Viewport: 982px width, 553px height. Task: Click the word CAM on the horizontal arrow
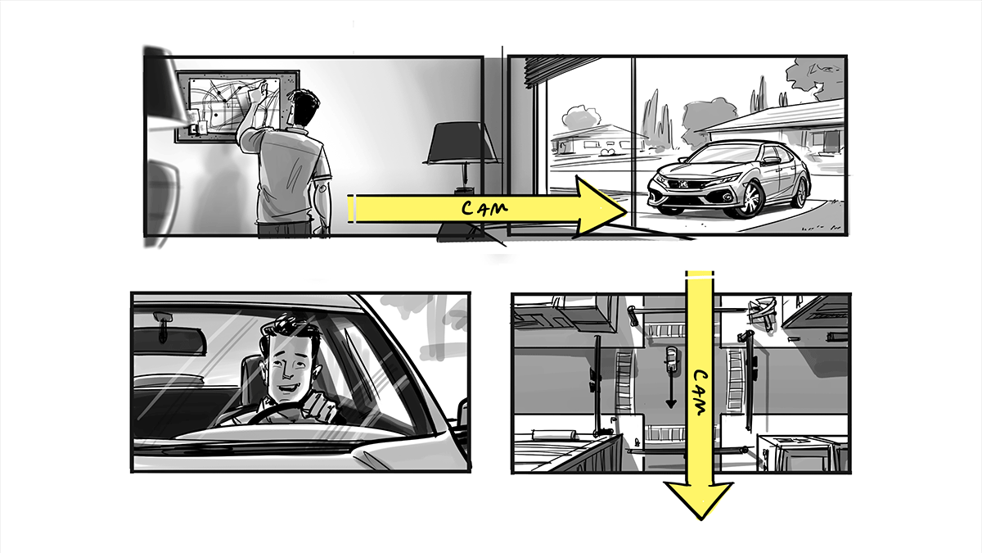coord(484,207)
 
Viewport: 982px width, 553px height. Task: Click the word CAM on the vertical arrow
coord(700,392)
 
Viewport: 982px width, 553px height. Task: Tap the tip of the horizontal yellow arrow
coord(628,211)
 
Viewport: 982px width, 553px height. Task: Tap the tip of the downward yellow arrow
coord(700,519)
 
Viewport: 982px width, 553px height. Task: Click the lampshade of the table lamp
coord(462,143)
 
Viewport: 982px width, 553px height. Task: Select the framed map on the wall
coord(236,107)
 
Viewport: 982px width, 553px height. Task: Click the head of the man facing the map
coord(305,107)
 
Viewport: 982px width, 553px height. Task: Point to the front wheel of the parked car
coord(750,200)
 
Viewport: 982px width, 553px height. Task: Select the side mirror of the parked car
coord(771,161)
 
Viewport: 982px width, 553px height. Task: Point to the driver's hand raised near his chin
coord(322,407)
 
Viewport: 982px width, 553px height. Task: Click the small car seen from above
coord(671,360)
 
